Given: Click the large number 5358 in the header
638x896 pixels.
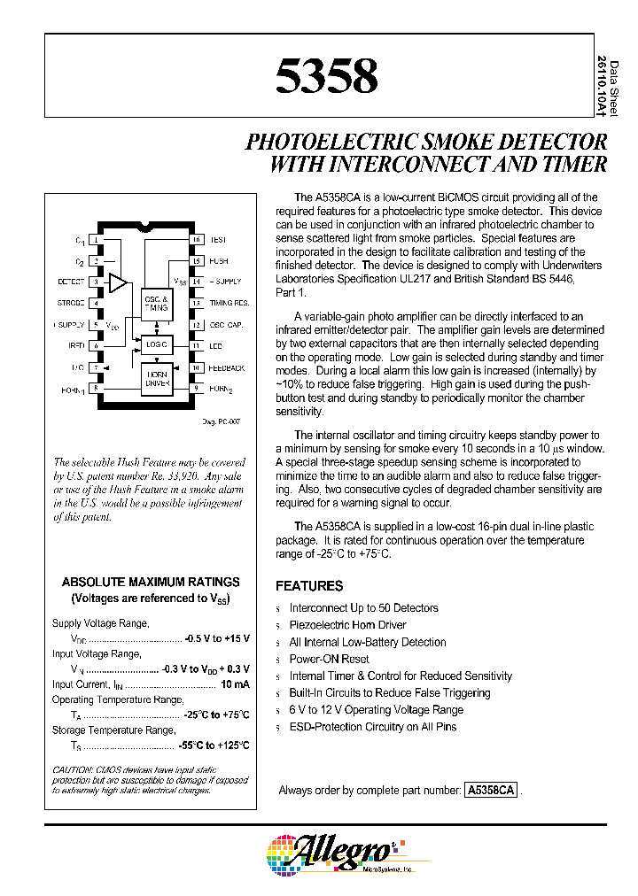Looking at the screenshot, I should (x=326, y=76).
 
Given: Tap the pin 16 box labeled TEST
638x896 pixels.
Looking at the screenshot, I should (x=197, y=240).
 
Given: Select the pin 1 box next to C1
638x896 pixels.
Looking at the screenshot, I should (x=96, y=240).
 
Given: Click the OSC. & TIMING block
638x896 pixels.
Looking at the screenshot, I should (x=156, y=305).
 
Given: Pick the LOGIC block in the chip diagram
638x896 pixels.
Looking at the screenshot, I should (x=156, y=344).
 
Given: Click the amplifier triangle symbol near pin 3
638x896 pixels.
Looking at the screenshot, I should (x=117, y=282).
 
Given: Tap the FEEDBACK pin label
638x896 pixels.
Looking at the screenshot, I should (x=228, y=367).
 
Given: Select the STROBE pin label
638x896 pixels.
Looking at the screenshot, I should (x=71, y=304).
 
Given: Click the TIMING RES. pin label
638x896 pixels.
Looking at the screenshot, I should (x=229, y=304).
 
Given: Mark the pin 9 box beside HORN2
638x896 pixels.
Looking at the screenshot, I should (x=197, y=388).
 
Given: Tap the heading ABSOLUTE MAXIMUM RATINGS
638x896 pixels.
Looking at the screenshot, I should (x=151, y=582).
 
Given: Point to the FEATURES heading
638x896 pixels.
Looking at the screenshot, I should (x=309, y=586).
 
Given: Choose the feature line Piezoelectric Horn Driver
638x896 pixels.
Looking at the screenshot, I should (x=347, y=625).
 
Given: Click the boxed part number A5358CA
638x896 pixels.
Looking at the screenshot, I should (x=490, y=790).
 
